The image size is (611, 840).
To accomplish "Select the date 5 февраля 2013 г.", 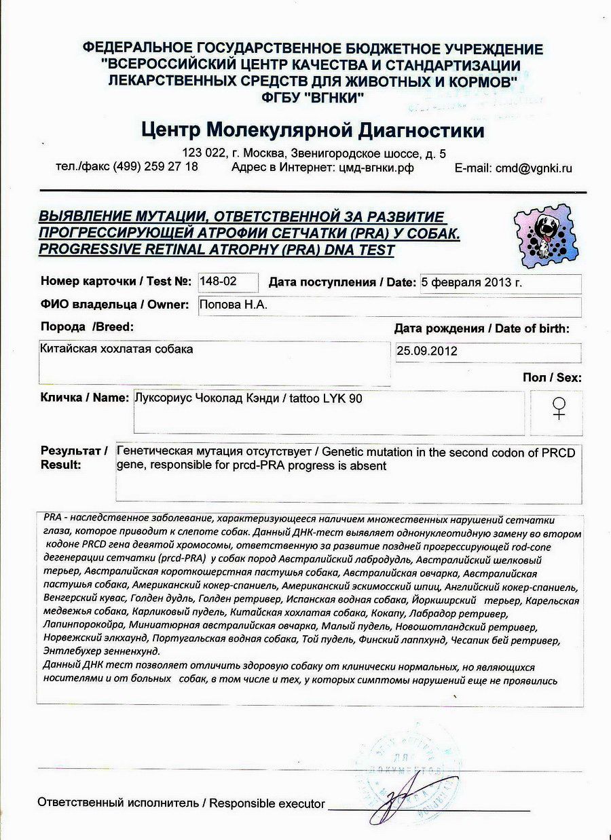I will [x=471, y=282].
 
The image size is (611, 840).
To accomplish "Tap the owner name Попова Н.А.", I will [x=234, y=305].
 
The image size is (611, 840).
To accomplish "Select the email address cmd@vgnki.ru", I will [x=533, y=168].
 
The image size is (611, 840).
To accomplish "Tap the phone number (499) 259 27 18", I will [x=155, y=167].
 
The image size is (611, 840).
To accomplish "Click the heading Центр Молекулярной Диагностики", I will [x=313, y=130].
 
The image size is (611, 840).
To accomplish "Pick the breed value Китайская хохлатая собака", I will [x=117, y=349].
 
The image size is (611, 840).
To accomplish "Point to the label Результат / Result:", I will [x=74, y=458].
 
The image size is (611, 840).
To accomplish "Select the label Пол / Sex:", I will [x=552, y=377].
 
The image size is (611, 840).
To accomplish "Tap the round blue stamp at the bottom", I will [x=407, y=767].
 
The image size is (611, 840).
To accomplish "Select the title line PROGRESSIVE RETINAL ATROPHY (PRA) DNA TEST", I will [x=217, y=249].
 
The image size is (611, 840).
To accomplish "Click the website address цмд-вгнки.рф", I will [x=376, y=168].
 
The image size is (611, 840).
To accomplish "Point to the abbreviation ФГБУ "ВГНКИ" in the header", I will [x=313, y=97].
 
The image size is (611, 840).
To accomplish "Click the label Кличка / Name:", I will [x=85, y=398].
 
